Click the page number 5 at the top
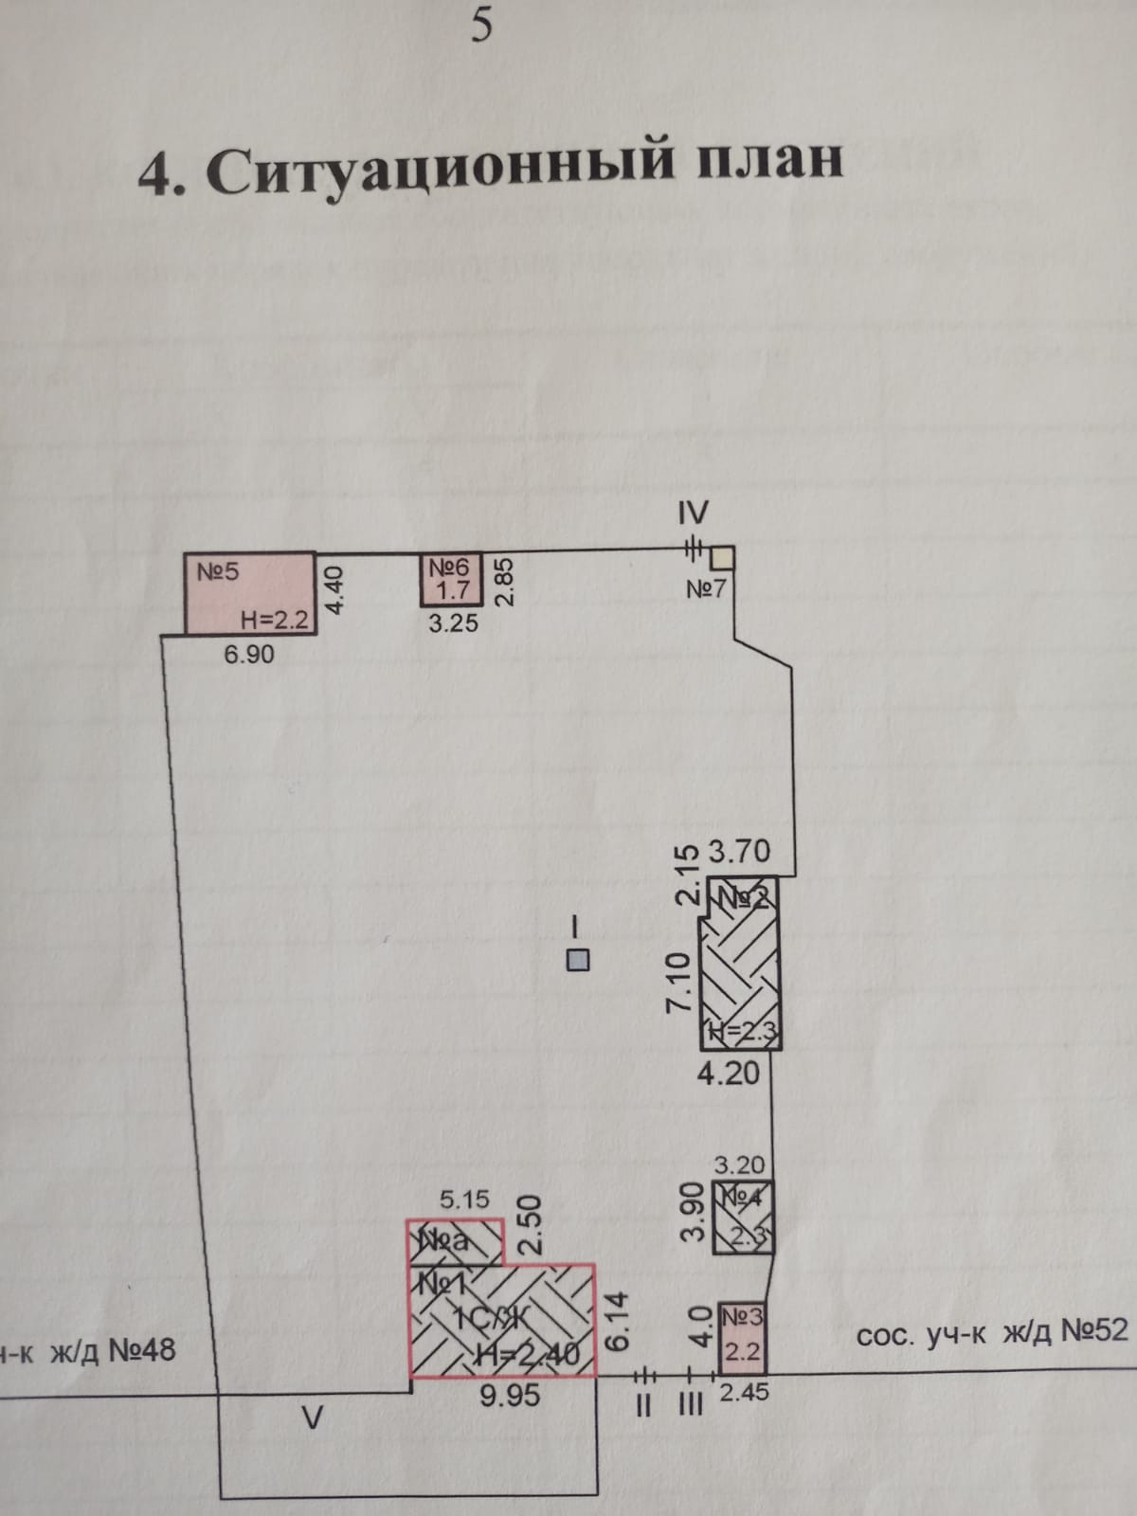pos(481,27)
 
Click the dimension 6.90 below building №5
pos(249,654)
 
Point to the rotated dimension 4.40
pos(337,591)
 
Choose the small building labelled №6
pos(452,579)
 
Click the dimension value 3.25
pos(453,623)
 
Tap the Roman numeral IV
pos(693,514)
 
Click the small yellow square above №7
pos(724,556)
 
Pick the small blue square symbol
pos(577,960)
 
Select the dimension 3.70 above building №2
pos(740,852)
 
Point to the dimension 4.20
pos(729,1073)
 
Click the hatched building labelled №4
pos(744,1218)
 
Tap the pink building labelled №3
pos(744,1337)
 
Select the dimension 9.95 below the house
pos(510,1396)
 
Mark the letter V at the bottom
pos(312,1418)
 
